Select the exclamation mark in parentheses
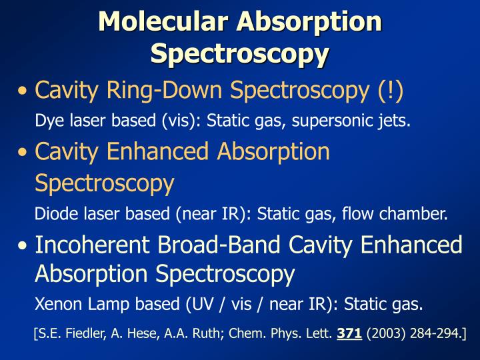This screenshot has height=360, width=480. pyautogui.click(x=389, y=90)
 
